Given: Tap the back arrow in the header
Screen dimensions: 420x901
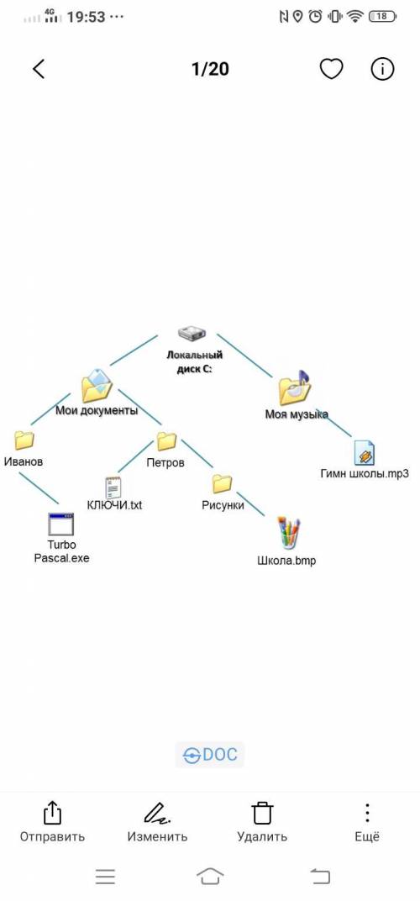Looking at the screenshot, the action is [x=39, y=69].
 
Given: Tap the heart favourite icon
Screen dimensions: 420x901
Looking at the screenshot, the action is [x=331, y=69].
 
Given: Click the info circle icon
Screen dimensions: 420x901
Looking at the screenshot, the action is [x=382, y=69].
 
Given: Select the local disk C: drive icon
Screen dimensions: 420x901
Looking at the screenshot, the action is [x=192, y=333].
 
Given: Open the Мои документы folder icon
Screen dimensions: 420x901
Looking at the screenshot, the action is [x=96, y=386].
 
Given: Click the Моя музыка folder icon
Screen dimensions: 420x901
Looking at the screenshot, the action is [x=294, y=387].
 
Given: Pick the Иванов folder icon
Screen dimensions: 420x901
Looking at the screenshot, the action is [x=24, y=440].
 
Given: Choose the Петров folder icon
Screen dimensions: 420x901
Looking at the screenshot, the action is [x=166, y=440].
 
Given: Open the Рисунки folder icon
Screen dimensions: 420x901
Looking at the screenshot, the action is [x=222, y=484].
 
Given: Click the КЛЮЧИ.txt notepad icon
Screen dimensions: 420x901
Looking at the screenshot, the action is [x=113, y=487].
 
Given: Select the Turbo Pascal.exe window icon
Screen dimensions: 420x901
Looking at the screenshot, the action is [x=61, y=524].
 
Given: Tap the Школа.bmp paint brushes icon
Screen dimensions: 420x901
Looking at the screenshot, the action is [x=288, y=534].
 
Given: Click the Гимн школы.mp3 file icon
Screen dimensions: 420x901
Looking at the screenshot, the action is [x=365, y=453].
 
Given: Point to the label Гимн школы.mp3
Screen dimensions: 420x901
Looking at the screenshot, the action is [x=365, y=474].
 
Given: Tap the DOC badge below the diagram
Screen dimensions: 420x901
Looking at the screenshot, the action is [x=210, y=755].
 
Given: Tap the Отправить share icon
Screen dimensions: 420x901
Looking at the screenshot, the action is [x=52, y=813].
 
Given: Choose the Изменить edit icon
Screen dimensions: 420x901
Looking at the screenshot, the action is [x=157, y=813].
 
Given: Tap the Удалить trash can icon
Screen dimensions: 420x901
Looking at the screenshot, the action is [x=262, y=813].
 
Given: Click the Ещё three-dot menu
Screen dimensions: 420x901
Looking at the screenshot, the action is [x=367, y=813].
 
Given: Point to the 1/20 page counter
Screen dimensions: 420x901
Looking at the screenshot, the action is [x=210, y=69].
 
